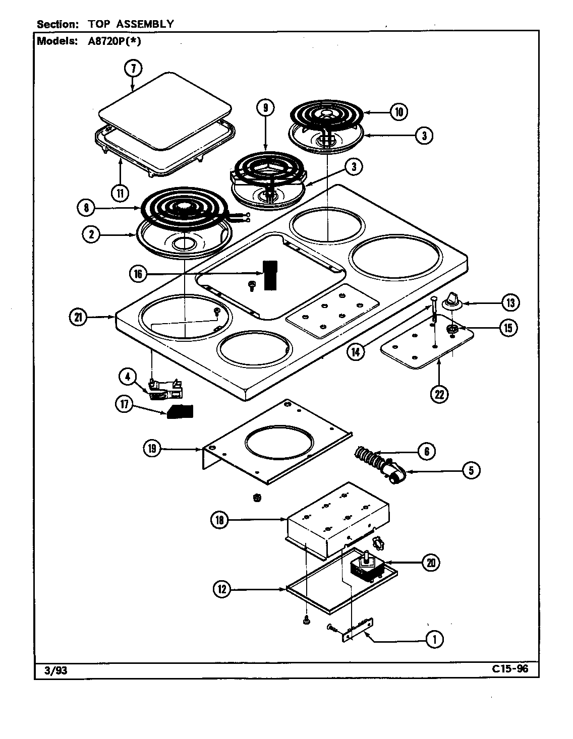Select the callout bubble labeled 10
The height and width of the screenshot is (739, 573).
click(398, 111)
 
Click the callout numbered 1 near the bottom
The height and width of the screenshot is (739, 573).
click(434, 640)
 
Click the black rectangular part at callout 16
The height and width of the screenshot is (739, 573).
click(270, 275)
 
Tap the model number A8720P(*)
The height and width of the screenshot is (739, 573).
click(111, 41)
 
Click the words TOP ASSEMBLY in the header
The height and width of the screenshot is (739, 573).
click(131, 24)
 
